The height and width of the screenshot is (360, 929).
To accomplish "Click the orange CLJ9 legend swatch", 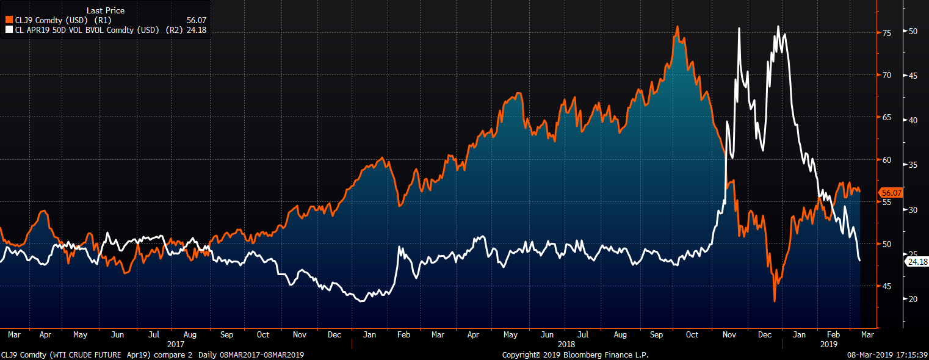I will coord(9,20).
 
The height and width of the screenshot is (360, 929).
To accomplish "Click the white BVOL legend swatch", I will coord(9,29).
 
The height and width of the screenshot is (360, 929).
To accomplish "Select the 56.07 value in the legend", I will coord(197,20).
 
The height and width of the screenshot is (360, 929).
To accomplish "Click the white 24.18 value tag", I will coord(917,261).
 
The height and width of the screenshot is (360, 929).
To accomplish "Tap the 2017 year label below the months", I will coord(176,344).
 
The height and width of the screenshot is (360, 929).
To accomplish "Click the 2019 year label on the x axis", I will coord(829,344).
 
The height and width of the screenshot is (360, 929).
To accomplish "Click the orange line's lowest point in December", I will coord(775,300).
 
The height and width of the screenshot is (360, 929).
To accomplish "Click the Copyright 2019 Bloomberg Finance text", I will coord(575,355).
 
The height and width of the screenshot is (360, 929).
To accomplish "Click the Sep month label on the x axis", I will coord(226,334).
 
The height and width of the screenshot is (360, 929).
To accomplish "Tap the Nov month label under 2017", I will coord(300,334).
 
